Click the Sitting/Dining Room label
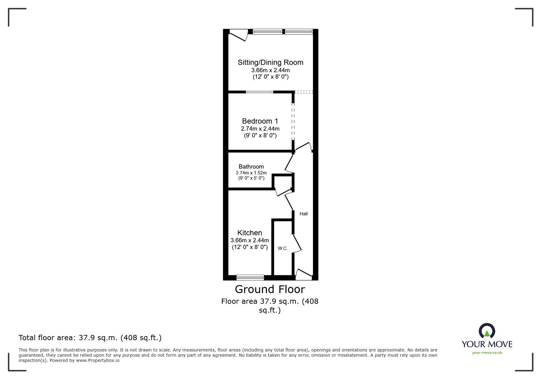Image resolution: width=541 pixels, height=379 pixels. [x=270, y=62]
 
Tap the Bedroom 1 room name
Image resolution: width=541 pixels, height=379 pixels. [x=260, y=121]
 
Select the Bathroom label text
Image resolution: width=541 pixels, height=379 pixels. [x=251, y=167]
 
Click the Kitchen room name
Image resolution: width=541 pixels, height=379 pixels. [x=250, y=233]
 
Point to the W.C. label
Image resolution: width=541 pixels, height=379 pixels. [x=283, y=248]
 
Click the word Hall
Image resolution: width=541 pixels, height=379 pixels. [x=303, y=214]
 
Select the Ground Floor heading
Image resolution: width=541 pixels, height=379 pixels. [x=270, y=289]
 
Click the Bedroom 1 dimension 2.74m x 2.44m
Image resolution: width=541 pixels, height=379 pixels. [x=260, y=129]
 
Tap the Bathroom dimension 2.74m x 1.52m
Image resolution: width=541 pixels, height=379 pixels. [x=251, y=173]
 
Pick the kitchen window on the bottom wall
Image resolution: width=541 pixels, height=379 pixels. [x=250, y=278]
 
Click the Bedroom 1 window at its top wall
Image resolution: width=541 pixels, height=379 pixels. [x=259, y=92]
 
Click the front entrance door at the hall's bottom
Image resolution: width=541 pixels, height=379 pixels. [x=303, y=274]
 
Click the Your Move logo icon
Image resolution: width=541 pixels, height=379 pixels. [x=487, y=331]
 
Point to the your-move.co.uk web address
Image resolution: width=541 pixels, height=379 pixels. [x=487, y=353]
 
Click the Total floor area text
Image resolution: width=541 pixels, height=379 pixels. [x=90, y=338]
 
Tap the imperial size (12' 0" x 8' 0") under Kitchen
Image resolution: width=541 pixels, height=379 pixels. [x=250, y=247]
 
